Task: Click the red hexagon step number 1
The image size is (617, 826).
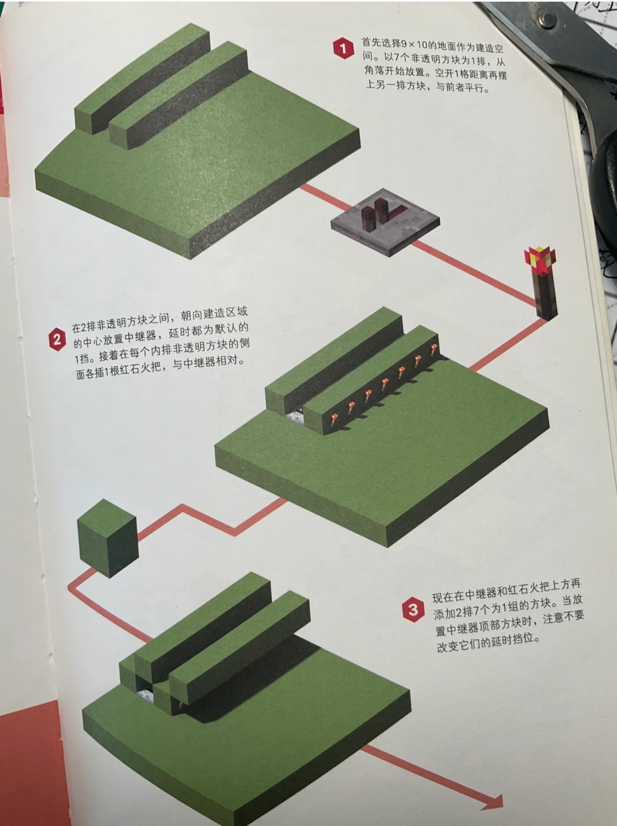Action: [x=343, y=49]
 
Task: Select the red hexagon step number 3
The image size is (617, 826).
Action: [x=413, y=609]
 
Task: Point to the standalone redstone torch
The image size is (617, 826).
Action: [x=541, y=283]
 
